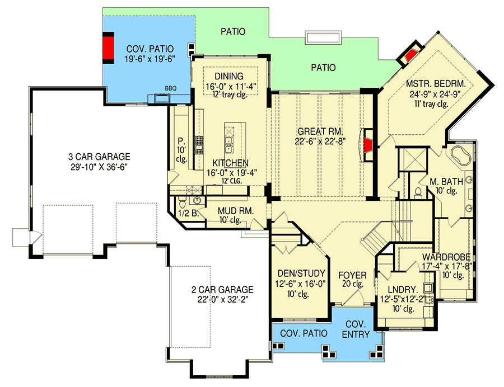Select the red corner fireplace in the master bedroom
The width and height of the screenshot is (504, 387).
tap(410, 55)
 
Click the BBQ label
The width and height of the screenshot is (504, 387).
tap(170, 88)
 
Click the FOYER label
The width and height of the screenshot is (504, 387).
tap(353, 276)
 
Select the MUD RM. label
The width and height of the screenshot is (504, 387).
tap(230, 211)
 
